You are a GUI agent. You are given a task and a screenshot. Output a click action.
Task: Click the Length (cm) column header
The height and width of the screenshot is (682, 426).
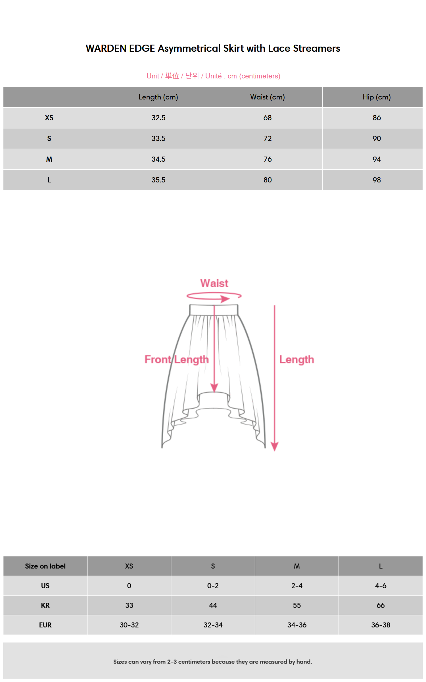[x=158, y=97]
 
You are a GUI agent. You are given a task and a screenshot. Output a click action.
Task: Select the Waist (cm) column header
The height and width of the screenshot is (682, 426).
[x=267, y=97]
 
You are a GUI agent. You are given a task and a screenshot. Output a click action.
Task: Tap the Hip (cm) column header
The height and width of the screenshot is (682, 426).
[x=377, y=97]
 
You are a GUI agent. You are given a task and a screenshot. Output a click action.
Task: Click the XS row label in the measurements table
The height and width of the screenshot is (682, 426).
[x=49, y=118]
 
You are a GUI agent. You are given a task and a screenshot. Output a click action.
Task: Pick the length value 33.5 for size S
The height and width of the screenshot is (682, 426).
[x=158, y=138]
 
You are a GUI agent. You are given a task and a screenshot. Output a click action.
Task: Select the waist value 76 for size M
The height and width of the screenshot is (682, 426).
[x=267, y=159]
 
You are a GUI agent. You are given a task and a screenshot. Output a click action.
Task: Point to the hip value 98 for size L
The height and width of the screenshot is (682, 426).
[x=377, y=180]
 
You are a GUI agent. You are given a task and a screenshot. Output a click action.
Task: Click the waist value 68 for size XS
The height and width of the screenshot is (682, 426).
[x=267, y=118]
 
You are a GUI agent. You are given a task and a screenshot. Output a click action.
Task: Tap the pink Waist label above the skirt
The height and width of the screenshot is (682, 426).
[x=214, y=283]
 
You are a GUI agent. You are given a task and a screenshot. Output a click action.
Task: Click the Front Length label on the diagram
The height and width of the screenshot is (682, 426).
[x=176, y=359]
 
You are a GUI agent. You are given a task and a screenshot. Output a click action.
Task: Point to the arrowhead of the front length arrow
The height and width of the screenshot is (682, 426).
[x=214, y=388]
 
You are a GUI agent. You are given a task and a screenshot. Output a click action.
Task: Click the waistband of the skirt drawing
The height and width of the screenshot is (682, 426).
[x=214, y=310]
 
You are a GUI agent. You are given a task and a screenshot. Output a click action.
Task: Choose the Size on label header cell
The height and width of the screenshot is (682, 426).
[x=45, y=566]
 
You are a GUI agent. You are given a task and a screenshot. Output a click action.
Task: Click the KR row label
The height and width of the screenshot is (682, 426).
[x=45, y=605]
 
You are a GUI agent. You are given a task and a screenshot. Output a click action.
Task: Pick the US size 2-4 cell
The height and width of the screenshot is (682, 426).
[x=297, y=586]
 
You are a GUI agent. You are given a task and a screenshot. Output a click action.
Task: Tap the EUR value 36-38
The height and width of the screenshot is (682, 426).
[x=381, y=625]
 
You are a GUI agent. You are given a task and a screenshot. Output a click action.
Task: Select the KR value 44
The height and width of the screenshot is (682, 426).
[x=213, y=605]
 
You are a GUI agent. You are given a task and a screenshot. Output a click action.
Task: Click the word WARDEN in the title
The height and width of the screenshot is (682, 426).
[x=106, y=49]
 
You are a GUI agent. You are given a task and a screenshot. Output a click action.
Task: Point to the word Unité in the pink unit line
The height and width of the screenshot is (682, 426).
[x=213, y=76]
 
